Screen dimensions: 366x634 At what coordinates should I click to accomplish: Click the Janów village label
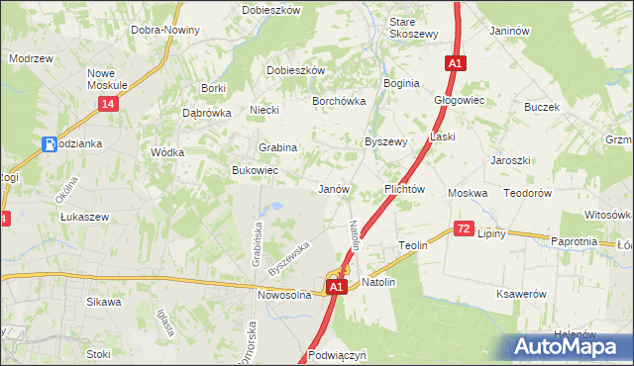(x=332, y=188)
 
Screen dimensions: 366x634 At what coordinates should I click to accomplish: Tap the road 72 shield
(x=464, y=229)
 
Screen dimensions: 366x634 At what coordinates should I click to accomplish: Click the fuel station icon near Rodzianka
(x=49, y=144)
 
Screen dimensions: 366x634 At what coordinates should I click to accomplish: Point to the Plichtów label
(x=404, y=188)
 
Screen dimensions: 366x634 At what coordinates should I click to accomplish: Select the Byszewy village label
(x=386, y=141)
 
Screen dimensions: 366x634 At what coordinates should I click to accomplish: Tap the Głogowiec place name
(x=459, y=100)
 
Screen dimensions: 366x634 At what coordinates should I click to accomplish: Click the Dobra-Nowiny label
(x=165, y=30)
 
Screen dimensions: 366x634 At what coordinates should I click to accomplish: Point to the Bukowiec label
(x=255, y=170)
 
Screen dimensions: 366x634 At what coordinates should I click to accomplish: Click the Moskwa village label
(x=468, y=193)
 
